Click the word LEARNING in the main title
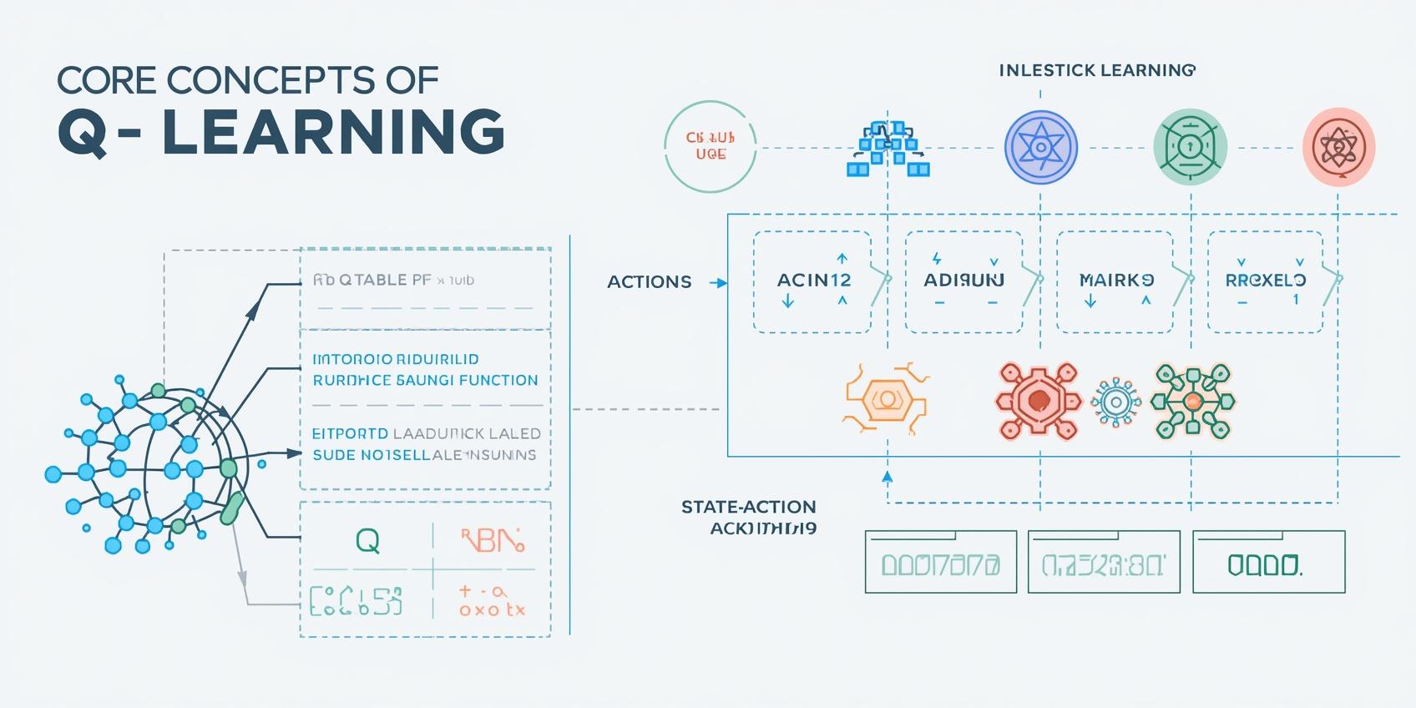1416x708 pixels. tap(333, 132)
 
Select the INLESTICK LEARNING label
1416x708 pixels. tap(1097, 70)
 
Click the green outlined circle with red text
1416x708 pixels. tap(710, 146)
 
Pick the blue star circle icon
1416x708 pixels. tap(1040, 148)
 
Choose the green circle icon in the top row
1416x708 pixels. tap(1190, 147)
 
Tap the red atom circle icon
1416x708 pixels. tap(1338, 147)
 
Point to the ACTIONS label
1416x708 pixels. tap(649, 282)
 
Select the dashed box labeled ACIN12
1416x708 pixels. tap(812, 281)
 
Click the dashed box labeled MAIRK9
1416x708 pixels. tap(1115, 281)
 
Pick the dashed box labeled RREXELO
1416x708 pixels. tap(1265, 281)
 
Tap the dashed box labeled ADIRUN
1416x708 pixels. tap(963, 281)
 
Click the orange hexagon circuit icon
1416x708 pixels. tap(886, 400)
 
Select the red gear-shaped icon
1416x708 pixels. tap(1038, 401)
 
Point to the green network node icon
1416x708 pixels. tap(1192, 402)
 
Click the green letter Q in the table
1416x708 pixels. tap(367, 541)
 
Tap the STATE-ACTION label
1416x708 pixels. tap(748, 508)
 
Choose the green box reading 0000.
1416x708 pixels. tap(1268, 563)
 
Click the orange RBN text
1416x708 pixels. tap(493, 541)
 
